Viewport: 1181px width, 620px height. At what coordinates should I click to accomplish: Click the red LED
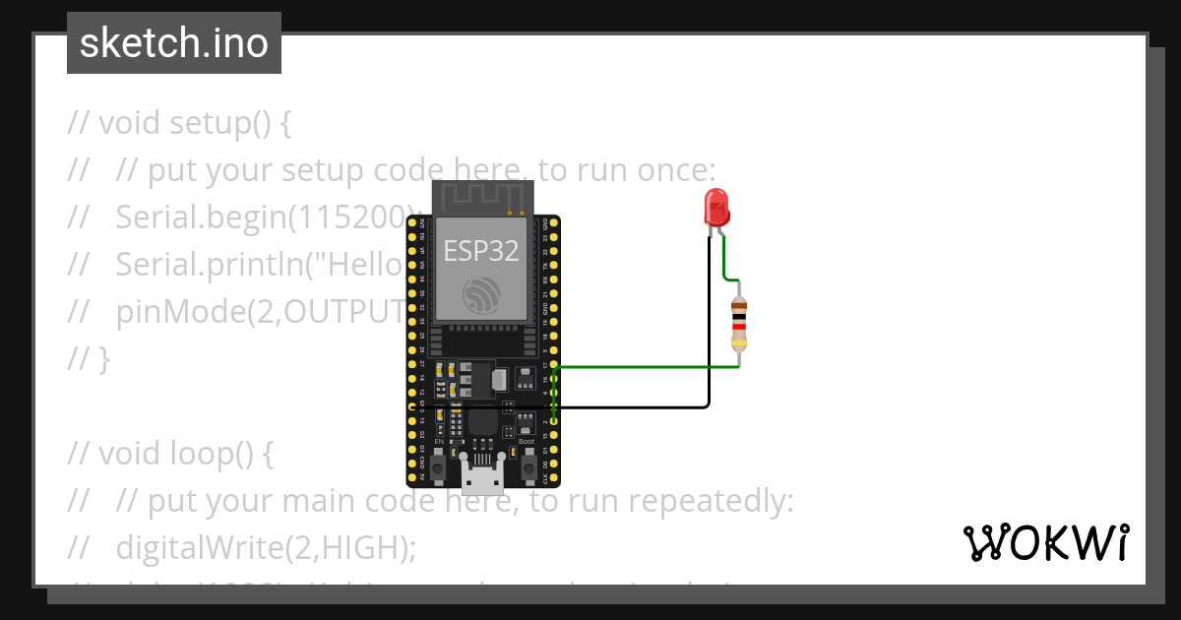click(x=716, y=208)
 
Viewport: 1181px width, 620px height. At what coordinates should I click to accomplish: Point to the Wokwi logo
click(x=1045, y=542)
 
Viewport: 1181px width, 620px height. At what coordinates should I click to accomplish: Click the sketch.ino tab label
click(x=174, y=43)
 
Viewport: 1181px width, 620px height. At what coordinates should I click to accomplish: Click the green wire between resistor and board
click(x=650, y=367)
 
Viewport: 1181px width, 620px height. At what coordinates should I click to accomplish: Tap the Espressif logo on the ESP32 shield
click(x=481, y=293)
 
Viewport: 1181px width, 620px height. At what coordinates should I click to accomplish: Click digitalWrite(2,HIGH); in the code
click(x=266, y=547)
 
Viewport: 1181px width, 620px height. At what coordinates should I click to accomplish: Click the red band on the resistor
click(x=739, y=327)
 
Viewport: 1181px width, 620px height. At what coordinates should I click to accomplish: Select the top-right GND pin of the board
click(x=554, y=223)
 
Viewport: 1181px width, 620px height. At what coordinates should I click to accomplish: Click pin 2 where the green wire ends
click(x=554, y=421)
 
